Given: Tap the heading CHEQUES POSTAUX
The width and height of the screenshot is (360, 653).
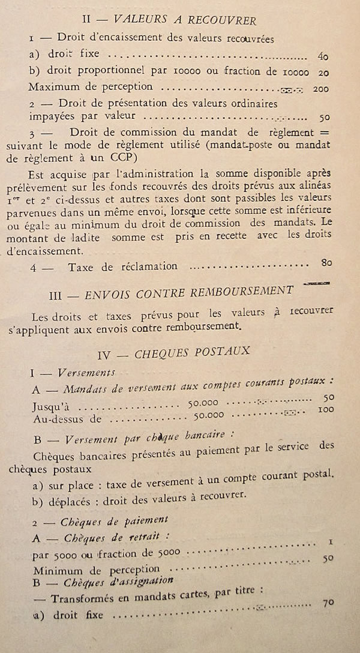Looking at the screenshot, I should [x=192, y=352].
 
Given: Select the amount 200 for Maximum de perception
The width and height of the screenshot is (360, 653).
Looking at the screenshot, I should [x=322, y=89].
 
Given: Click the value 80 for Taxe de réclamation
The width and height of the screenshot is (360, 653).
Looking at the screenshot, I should [x=326, y=262].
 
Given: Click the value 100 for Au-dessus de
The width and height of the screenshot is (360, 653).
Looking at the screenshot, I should [x=325, y=411].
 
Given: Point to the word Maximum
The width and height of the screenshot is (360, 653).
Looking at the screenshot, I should [x=57, y=87].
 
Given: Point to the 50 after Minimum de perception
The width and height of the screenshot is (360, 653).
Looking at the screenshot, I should [x=328, y=558].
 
